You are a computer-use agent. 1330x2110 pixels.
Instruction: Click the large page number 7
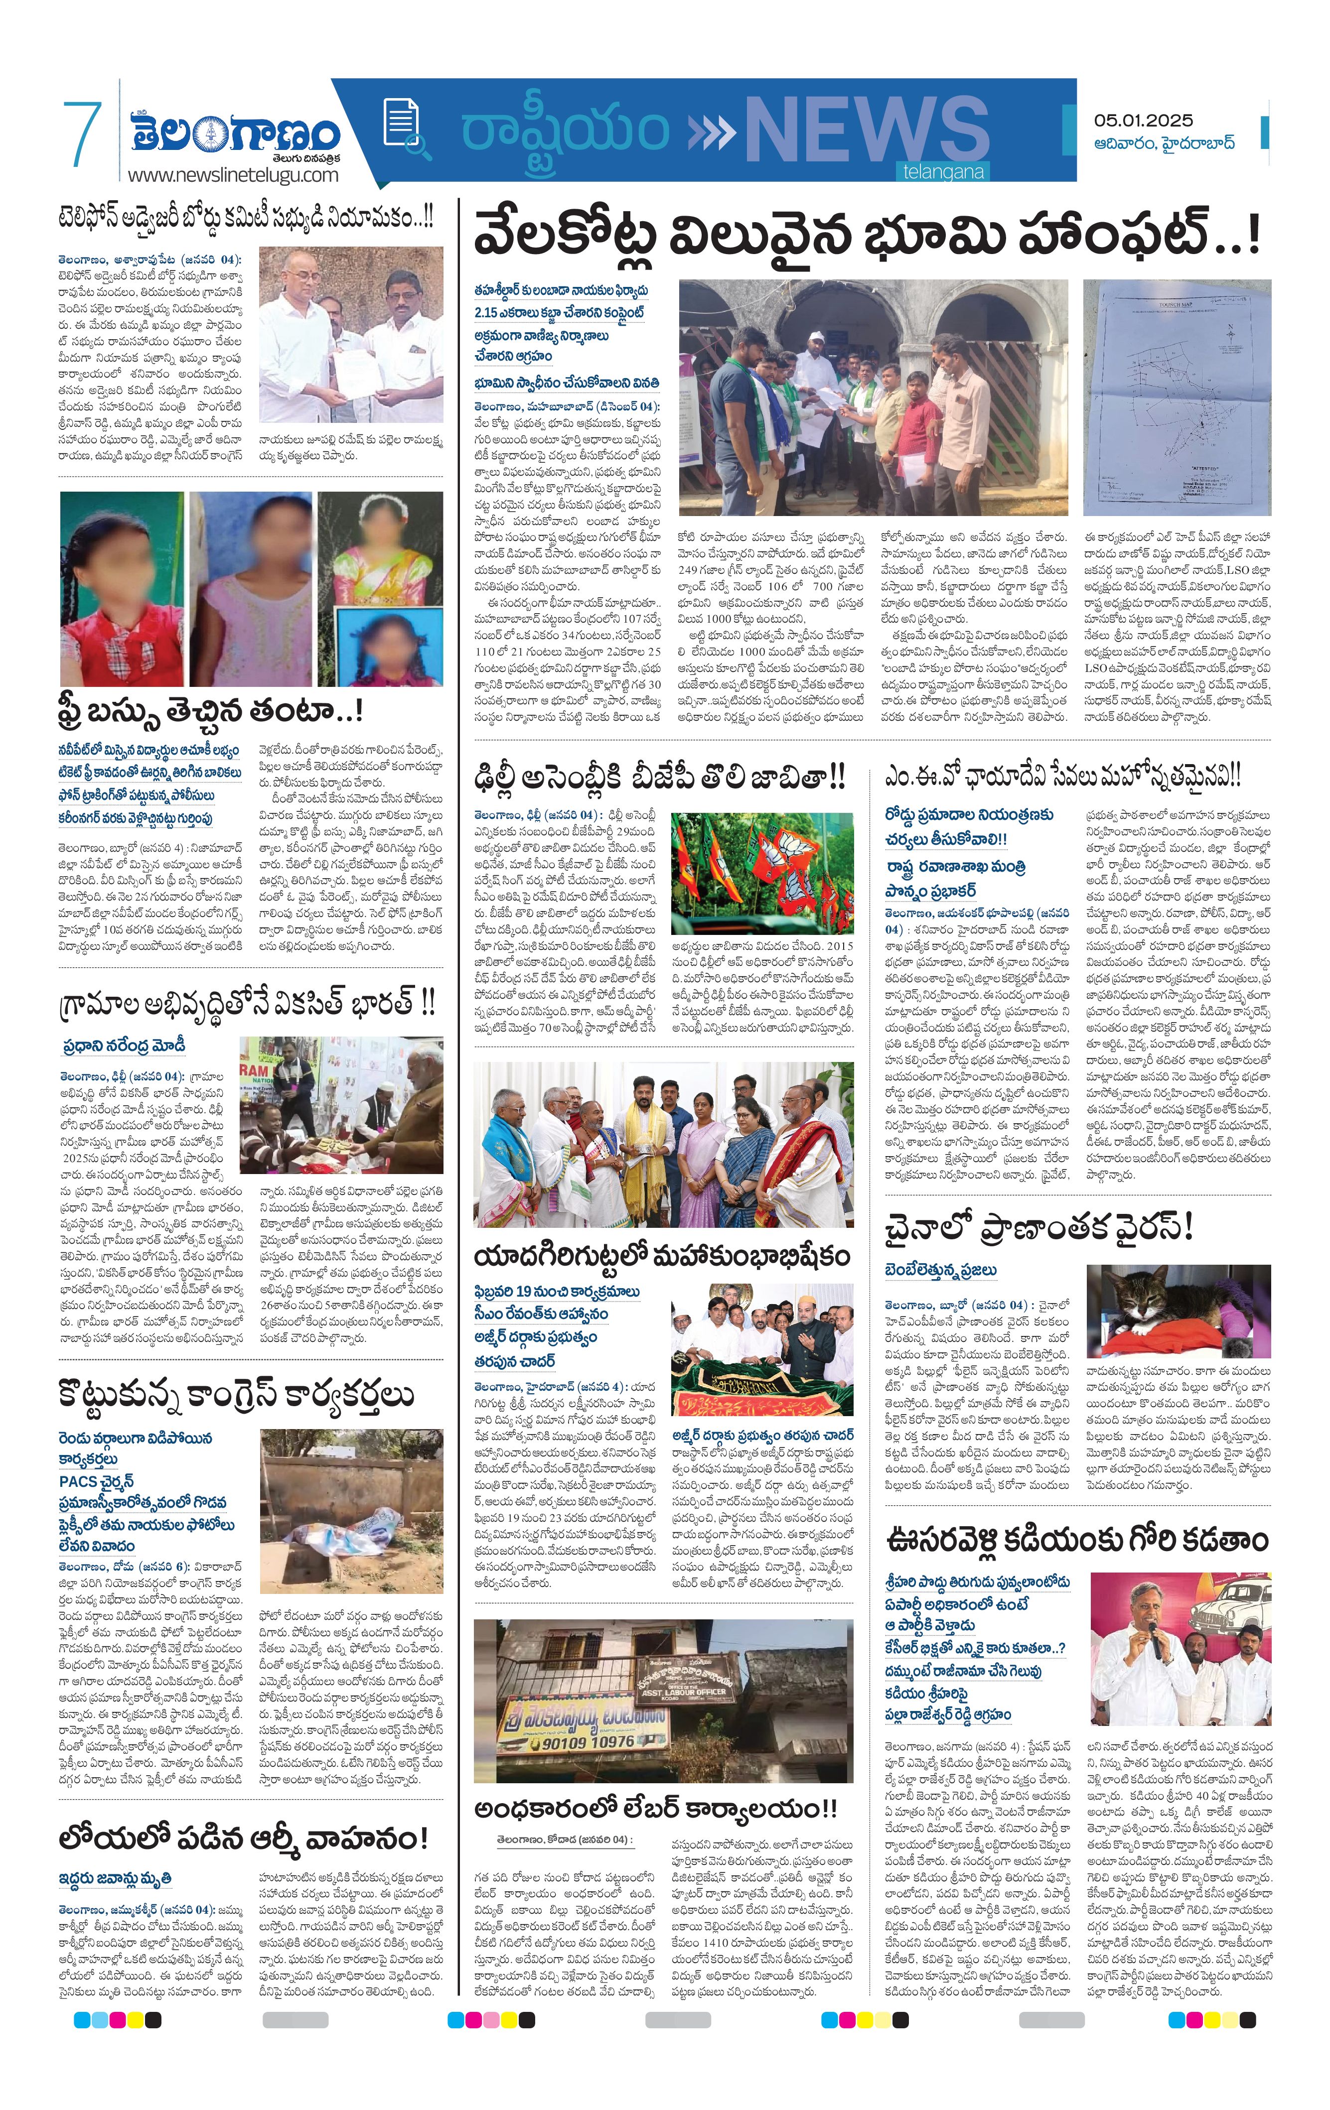coord(82,134)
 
